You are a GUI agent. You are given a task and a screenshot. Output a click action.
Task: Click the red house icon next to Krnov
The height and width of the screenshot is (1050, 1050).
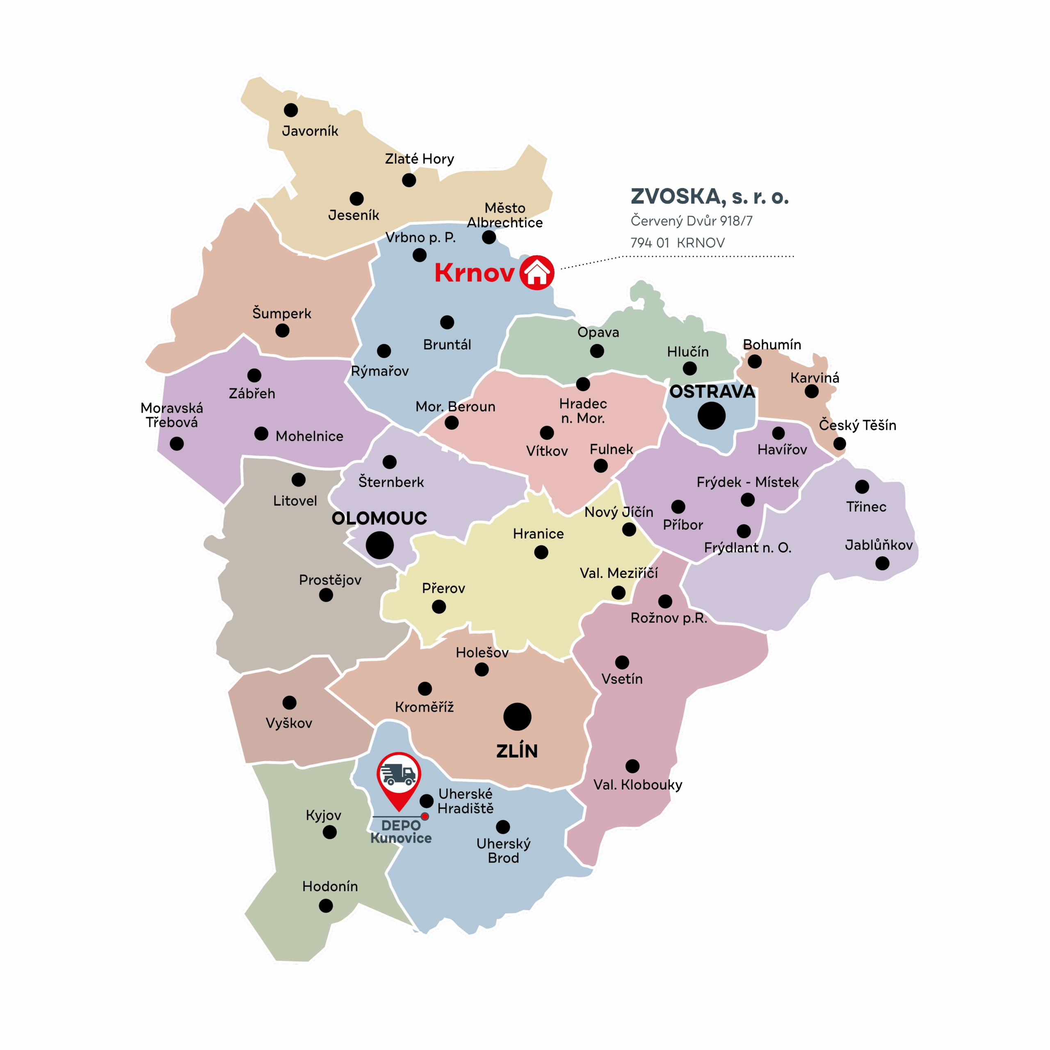coord(536,273)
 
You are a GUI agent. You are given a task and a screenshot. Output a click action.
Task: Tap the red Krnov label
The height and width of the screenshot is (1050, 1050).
coord(474,273)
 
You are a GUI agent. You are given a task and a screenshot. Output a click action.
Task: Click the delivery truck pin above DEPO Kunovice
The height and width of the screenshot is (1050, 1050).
coord(398,776)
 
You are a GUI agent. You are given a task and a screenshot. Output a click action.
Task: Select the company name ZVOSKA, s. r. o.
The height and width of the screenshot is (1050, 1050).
coord(709,197)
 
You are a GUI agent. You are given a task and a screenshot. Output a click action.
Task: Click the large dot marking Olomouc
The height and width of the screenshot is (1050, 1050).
coord(379,545)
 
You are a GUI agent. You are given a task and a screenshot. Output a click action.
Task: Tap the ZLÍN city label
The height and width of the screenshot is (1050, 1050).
coord(517,751)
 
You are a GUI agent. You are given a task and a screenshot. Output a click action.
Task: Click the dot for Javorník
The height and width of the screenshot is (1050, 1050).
coord(291,110)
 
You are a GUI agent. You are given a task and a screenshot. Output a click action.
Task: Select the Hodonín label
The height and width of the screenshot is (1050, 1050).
coord(330,886)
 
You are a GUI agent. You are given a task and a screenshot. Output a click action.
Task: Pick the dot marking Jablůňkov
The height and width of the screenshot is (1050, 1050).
coord(882,563)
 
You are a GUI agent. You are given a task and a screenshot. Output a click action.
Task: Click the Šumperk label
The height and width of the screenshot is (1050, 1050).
coord(281,314)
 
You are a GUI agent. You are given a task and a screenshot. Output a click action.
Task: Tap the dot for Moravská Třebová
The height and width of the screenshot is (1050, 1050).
coord(177,443)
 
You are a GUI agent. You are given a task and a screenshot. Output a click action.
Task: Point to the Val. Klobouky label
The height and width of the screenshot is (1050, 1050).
coord(637,785)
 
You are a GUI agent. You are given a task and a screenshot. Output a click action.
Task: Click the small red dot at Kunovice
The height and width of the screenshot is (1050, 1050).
coord(425,816)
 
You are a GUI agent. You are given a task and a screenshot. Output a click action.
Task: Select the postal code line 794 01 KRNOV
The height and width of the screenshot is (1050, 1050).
coord(677,242)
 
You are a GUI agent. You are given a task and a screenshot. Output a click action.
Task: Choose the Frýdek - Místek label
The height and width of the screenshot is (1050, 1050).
coord(747,482)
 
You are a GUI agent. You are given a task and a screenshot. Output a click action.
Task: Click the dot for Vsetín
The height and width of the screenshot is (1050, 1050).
coord(622,662)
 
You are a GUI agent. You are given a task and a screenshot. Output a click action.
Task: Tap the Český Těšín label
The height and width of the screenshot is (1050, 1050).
coord(857,425)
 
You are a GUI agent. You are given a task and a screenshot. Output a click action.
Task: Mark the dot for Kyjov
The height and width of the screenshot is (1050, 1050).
coord(329,832)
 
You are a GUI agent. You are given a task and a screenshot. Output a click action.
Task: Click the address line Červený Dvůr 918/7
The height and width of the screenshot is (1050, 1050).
coord(691,221)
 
